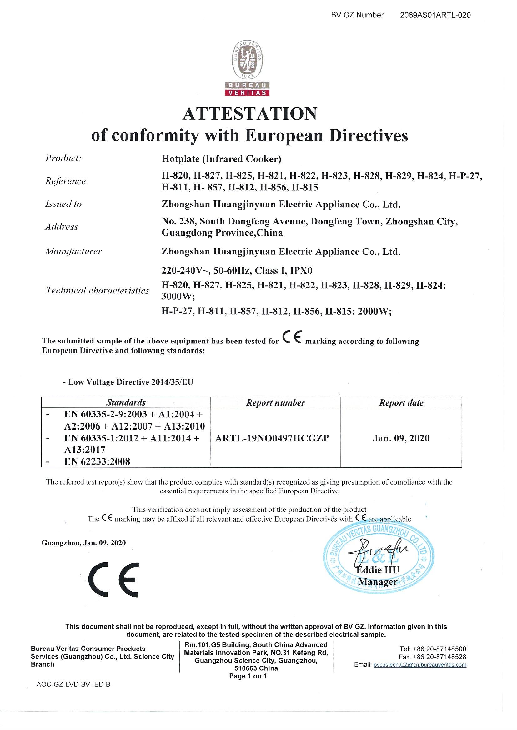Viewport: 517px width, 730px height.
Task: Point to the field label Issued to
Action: [x=63, y=204]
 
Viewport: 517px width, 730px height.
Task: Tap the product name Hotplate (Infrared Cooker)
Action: [x=221, y=159]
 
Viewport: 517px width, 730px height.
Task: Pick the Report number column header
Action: [x=275, y=403]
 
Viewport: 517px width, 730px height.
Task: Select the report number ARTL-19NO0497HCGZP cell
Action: [x=272, y=438]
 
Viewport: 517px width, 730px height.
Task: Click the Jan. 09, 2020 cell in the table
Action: [x=401, y=438]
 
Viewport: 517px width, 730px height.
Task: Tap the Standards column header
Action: [x=126, y=402]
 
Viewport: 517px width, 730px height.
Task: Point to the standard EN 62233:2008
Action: [x=97, y=461]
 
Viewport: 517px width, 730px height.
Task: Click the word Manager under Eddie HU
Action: [x=378, y=582]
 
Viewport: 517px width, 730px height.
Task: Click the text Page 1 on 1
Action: [x=248, y=676]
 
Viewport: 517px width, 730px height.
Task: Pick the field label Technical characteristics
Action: [x=98, y=290]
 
